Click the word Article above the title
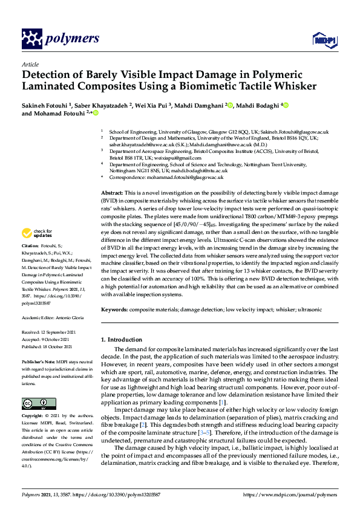[30, 63]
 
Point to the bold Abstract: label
[112, 191]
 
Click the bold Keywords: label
[116, 309]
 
